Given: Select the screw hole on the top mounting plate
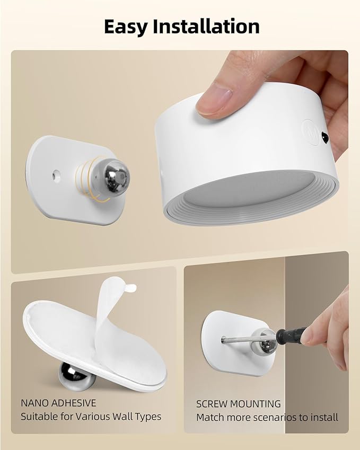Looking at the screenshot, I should click(55, 173).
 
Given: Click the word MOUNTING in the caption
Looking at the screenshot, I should click(257, 404).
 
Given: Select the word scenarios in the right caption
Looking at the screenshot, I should click(267, 417).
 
